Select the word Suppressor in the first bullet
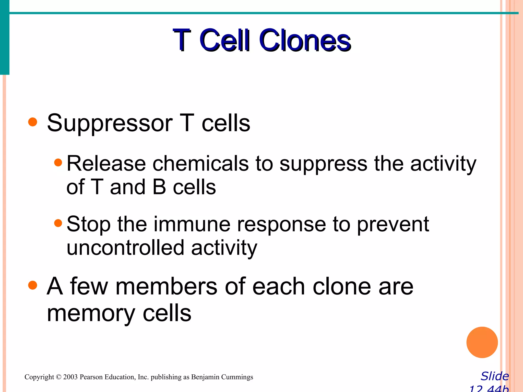(x=110, y=124)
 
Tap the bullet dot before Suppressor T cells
(x=33, y=122)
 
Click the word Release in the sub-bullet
(x=106, y=164)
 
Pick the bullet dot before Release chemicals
(x=58, y=162)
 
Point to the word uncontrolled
(x=125, y=248)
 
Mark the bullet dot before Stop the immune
(x=58, y=223)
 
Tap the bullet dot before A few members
(x=33, y=285)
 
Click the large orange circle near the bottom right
(x=482, y=342)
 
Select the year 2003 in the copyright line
(x=70, y=377)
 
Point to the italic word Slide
(x=495, y=376)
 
